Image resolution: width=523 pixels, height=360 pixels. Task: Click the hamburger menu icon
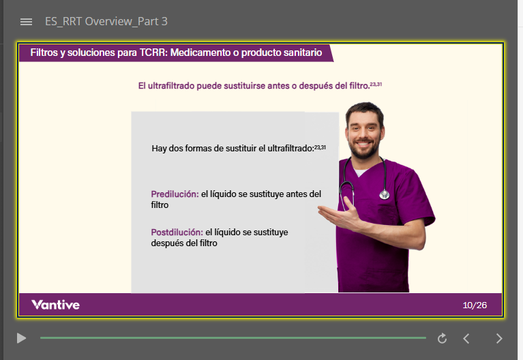27,22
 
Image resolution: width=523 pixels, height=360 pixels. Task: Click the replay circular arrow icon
443,338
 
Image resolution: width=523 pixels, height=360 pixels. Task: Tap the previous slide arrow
466,338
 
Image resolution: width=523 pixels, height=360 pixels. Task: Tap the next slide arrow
499,338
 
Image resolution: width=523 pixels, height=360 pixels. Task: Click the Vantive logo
55,305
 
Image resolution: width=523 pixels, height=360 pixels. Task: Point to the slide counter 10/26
475,305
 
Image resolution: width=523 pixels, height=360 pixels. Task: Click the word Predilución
175,194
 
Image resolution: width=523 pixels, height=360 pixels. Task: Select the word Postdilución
177,232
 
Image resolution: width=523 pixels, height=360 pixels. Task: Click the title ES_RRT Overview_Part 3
106,21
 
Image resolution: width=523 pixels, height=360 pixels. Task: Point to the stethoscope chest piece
385,194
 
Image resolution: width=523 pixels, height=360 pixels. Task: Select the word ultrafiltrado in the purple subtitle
170,86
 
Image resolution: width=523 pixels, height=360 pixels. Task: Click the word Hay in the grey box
159,149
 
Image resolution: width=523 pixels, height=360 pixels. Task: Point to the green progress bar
233,338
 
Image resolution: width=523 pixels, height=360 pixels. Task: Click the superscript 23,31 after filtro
376,84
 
